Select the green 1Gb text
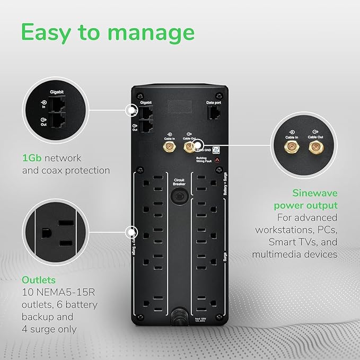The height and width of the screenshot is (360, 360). pos(32,158)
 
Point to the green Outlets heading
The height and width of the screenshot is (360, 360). pos(39,279)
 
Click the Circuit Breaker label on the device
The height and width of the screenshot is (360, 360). pos(179,183)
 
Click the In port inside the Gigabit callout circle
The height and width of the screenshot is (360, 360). pos(57,104)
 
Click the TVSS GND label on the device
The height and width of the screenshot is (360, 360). pos(206,151)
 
